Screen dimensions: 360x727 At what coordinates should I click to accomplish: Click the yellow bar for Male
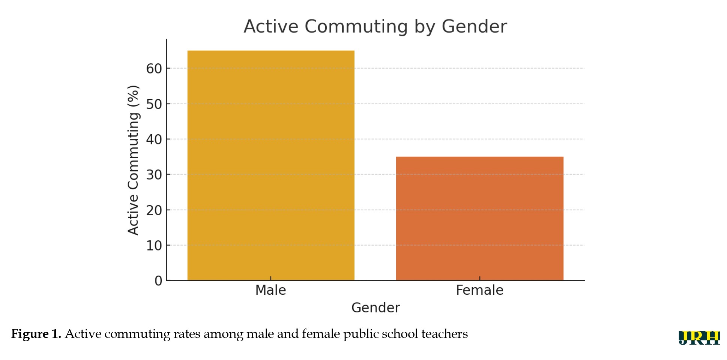coord(271,165)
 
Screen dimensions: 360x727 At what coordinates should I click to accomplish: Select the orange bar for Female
coord(479,218)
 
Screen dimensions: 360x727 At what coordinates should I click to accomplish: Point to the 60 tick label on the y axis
coord(154,69)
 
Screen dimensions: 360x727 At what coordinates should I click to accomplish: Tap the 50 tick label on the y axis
coord(154,104)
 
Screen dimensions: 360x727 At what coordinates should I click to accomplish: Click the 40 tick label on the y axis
coord(154,139)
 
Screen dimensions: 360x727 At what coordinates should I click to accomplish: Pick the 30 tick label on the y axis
coord(154,175)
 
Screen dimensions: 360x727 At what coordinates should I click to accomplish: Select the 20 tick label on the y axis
coord(154,210)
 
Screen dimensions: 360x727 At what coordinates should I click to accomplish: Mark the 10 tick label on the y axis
coord(154,246)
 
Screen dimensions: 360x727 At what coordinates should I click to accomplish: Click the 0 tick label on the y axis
coord(158,281)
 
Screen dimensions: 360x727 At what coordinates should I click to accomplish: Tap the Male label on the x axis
coord(270,290)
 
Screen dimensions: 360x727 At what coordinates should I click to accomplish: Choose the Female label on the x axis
coord(479,290)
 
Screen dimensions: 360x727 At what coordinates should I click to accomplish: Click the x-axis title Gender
coord(376,308)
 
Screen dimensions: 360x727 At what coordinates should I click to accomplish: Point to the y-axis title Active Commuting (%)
coord(134,160)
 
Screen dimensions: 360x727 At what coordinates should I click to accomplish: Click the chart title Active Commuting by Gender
coord(375,27)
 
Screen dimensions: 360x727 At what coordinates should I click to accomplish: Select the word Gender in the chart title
coord(474,27)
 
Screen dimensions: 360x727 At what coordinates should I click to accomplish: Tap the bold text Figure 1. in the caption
coord(36,334)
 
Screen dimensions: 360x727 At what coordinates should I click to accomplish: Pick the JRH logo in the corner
coord(699,337)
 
